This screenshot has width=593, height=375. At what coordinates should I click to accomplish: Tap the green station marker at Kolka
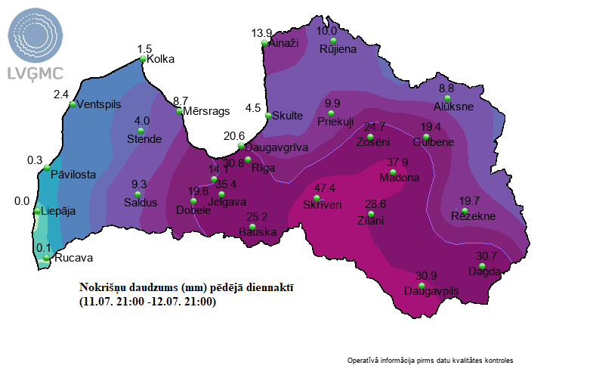(143, 59)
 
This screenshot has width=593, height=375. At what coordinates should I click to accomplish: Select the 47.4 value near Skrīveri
(325, 187)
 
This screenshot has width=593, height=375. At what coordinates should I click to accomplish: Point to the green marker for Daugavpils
(422, 285)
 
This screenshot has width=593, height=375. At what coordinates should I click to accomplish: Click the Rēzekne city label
(472, 216)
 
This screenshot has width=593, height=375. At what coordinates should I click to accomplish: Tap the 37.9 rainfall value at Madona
(397, 163)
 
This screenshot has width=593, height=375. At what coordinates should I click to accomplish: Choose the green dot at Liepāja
(37, 211)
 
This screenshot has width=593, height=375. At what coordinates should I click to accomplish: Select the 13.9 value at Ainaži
(261, 33)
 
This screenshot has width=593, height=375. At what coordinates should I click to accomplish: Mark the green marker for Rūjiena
(333, 40)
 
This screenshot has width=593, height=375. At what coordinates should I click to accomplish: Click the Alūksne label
(453, 107)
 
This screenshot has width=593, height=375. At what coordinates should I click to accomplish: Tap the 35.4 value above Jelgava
(226, 184)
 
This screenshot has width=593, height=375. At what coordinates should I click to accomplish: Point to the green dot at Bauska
(252, 228)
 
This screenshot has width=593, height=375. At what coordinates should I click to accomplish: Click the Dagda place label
(484, 271)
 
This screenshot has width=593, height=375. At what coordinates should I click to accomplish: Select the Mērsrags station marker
(179, 111)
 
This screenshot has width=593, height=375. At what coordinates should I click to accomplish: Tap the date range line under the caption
(148, 302)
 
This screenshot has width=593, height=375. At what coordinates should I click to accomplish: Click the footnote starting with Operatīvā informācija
(435, 360)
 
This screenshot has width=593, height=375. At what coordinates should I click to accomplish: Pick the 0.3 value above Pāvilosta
(35, 160)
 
